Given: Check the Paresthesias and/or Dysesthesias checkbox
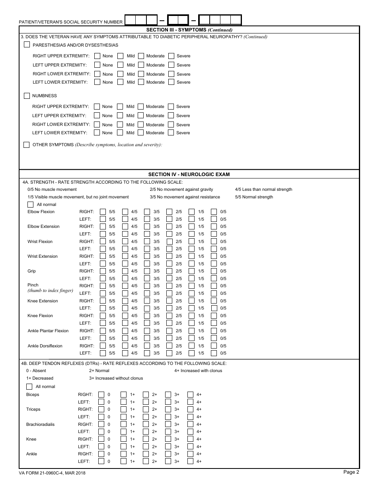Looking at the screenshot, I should [27, 45].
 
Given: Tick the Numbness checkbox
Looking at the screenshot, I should [27, 96].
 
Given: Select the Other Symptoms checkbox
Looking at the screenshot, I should [27, 145].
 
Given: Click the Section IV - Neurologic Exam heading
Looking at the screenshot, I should [189, 174].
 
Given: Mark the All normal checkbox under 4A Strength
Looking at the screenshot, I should [30, 204].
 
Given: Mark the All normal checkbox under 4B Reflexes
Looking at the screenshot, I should [29, 386].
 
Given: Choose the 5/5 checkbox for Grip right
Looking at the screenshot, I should [103, 271].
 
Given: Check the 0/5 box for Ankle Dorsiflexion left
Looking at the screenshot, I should [214, 353].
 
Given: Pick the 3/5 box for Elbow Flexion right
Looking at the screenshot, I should [147, 212].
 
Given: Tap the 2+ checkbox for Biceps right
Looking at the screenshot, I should [146, 395].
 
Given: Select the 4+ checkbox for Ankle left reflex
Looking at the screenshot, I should [190, 461].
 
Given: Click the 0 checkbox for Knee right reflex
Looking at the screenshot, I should [101, 439].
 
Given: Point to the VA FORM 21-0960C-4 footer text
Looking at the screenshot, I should [52, 473].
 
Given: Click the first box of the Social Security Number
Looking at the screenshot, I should [130, 20].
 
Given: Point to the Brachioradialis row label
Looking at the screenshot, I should [40, 424].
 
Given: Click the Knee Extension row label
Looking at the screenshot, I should [43, 301].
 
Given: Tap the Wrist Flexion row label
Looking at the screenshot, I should [40, 241].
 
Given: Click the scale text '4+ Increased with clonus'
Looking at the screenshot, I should [198, 370].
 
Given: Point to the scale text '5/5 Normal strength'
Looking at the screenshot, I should [254, 197].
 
